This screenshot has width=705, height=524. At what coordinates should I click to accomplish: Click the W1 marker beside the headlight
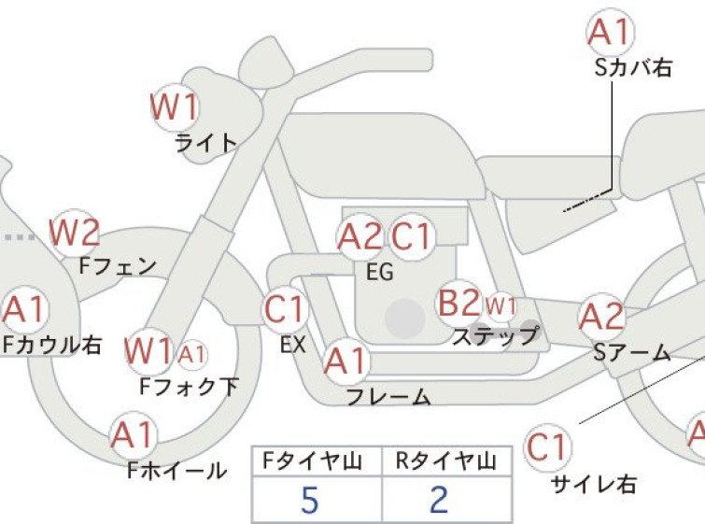175,106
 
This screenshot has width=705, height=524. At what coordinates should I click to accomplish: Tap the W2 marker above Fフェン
75,233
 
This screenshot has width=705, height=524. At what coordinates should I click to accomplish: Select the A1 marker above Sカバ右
611,32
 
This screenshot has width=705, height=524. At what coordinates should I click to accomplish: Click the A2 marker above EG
360,237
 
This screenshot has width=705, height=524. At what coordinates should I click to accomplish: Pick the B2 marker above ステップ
459,303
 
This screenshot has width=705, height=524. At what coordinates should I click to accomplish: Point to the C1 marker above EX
286,309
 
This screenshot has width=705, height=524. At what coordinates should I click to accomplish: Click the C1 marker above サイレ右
547,447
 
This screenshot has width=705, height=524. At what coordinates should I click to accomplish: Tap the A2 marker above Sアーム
601,317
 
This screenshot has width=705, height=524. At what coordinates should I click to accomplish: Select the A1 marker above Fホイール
134,435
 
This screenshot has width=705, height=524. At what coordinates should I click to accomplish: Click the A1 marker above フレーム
346,361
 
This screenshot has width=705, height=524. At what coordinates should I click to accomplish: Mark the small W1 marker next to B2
501,307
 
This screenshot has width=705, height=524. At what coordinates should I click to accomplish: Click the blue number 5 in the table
310,500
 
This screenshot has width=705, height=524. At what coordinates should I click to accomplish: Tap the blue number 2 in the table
439,500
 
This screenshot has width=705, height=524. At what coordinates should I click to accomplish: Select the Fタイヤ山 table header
313,461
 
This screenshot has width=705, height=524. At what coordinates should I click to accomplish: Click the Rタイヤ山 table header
446,461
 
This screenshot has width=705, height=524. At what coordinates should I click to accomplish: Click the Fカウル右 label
52,345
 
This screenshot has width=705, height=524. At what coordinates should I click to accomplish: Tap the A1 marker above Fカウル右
24,309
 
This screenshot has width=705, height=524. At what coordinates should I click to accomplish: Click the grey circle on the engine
405,319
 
